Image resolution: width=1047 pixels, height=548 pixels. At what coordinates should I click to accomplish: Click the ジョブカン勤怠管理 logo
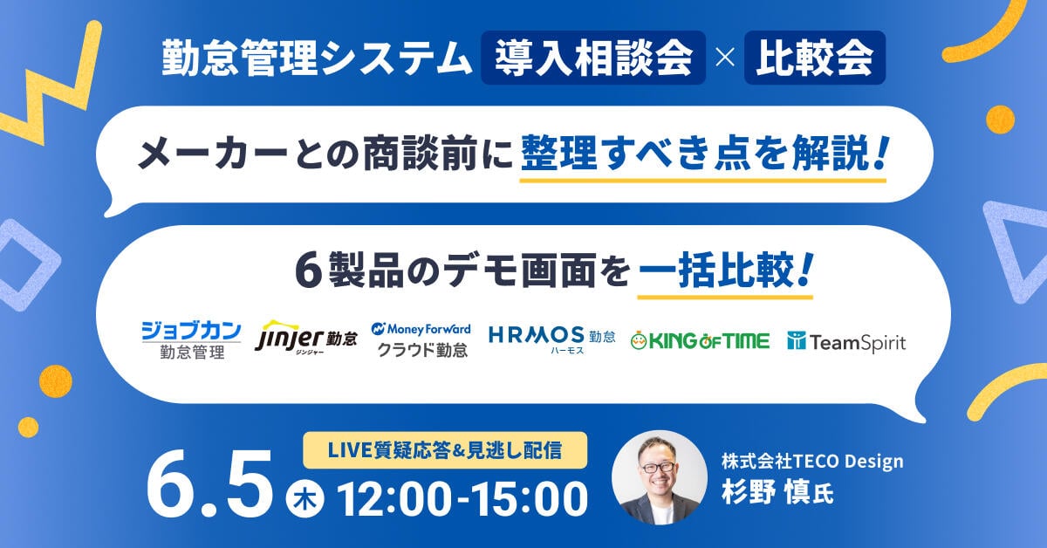(x=192, y=340)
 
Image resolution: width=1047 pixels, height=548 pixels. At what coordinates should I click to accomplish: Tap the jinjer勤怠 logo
(x=306, y=338)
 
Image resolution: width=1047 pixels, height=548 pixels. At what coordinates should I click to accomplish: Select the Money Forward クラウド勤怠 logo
(x=421, y=340)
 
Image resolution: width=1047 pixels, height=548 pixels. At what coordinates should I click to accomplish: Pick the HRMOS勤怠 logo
(x=551, y=339)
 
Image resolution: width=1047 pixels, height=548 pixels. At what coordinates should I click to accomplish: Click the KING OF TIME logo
(x=700, y=341)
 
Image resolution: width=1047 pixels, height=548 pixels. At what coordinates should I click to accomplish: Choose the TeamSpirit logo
(x=846, y=342)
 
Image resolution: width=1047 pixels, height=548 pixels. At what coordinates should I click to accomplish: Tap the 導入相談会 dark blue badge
(x=593, y=58)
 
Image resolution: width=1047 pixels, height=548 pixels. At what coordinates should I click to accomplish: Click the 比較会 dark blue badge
(x=815, y=58)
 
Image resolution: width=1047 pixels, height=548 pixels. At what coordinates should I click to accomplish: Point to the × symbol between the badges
(x=725, y=58)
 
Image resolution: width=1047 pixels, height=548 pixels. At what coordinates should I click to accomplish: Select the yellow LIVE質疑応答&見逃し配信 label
(x=445, y=450)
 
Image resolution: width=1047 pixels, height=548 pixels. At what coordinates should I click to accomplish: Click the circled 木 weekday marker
(x=305, y=498)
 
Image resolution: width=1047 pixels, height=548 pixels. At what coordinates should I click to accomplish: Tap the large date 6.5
(x=210, y=484)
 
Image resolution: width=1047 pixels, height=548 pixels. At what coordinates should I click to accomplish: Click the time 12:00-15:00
(x=462, y=499)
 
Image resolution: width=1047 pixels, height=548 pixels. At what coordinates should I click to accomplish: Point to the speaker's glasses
(x=659, y=466)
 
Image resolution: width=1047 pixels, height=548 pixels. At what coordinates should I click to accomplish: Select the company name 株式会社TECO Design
(x=812, y=462)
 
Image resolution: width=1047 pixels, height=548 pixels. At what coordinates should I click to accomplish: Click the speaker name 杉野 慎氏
(x=777, y=492)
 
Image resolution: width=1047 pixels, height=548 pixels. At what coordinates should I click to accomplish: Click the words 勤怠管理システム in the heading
(x=317, y=58)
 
